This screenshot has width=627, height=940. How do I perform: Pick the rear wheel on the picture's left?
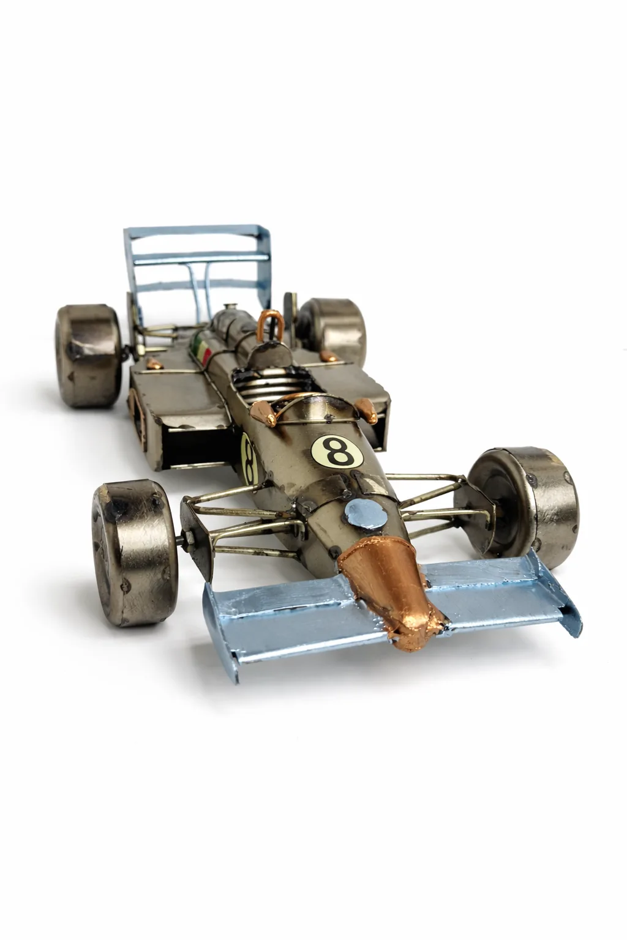pos(88,356)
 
